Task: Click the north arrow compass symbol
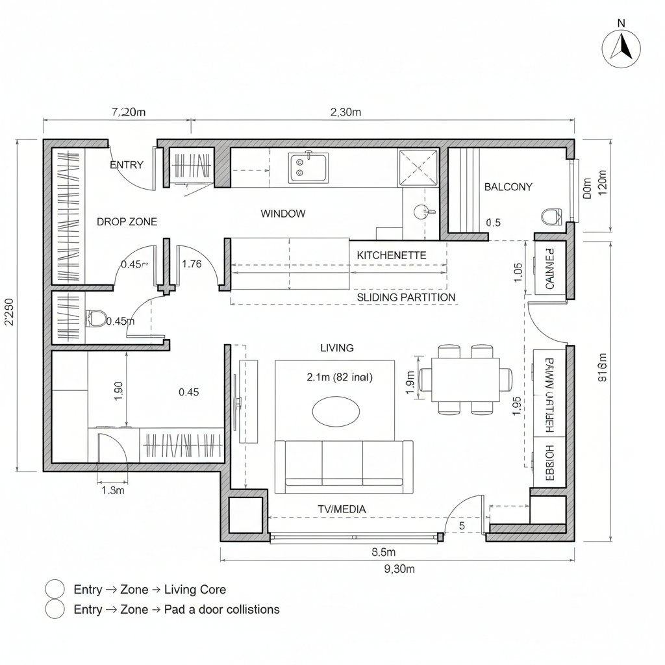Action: click(x=621, y=48)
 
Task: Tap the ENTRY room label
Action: click(x=127, y=165)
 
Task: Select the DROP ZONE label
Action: click(x=127, y=221)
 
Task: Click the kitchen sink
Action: click(x=308, y=168)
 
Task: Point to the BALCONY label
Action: click(x=508, y=187)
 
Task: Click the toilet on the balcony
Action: click(x=551, y=216)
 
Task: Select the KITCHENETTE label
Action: click(x=392, y=255)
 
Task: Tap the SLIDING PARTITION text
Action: click(x=406, y=297)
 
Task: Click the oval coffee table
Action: click(x=336, y=411)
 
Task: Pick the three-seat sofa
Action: click(x=344, y=464)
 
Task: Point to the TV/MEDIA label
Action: click(x=342, y=509)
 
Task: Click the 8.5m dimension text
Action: click(x=383, y=553)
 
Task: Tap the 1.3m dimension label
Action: click(x=113, y=490)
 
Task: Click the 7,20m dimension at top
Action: click(x=129, y=112)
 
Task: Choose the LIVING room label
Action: click(x=337, y=348)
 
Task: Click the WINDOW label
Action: click(x=282, y=214)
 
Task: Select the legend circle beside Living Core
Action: click(x=55, y=589)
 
